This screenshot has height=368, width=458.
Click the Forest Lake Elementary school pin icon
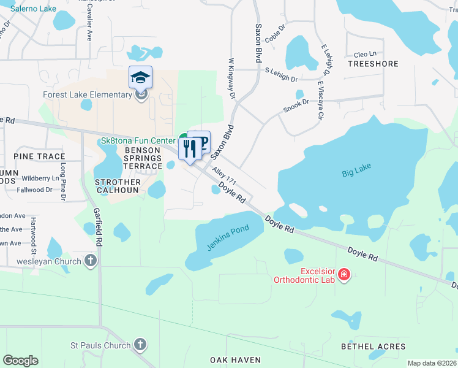click(x=140, y=77)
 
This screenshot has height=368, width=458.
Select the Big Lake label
click(x=356, y=174)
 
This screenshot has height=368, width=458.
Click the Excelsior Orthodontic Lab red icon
click(x=344, y=274)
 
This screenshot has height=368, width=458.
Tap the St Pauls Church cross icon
click(x=140, y=345)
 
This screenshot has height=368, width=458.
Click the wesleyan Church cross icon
click(x=91, y=262)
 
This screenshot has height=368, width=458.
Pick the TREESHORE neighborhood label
click(x=373, y=64)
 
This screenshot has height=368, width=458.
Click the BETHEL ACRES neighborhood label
click(x=373, y=347)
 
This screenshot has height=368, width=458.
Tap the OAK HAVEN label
click(x=235, y=360)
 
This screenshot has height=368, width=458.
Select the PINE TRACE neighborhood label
click(x=39, y=157)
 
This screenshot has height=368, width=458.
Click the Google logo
click(x=20, y=360)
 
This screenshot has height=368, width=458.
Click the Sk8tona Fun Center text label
click(x=138, y=140)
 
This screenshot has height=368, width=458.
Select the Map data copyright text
click(x=431, y=363)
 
